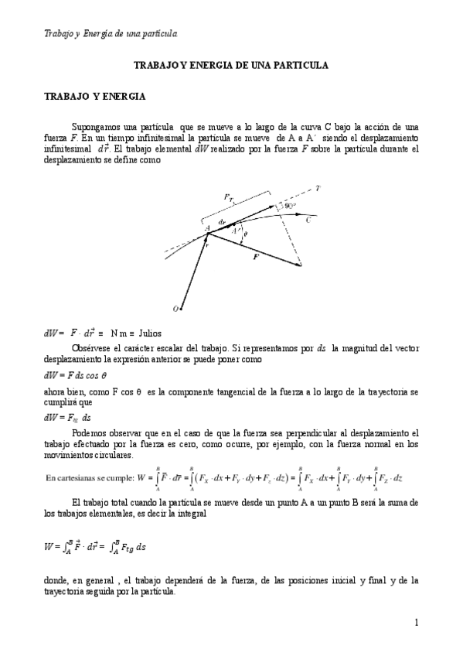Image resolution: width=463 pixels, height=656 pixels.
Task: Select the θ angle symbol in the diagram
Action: point(246,234)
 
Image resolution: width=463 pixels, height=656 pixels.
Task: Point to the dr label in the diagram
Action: point(223,221)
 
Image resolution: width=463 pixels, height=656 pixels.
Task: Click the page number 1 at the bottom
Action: point(416,622)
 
